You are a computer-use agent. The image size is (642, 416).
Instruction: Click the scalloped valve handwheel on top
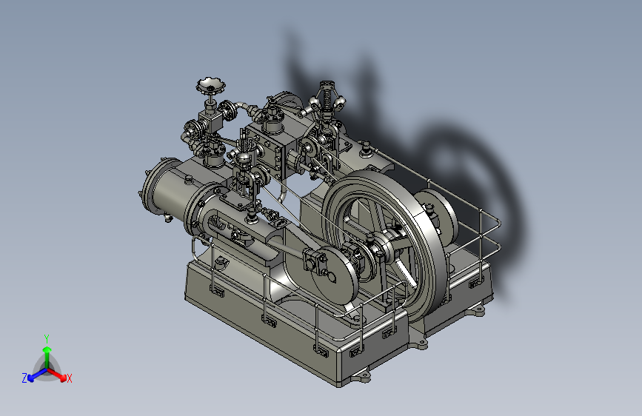(x=210, y=86)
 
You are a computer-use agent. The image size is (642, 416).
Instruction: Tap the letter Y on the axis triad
(x=47, y=339)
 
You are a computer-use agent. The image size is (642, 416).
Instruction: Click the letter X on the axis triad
(x=69, y=378)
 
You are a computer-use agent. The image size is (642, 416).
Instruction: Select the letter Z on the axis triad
(x=24, y=378)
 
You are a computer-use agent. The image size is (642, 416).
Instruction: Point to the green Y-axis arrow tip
(x=47, y=349)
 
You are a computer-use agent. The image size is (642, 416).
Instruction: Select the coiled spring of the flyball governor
(x=327, y=98)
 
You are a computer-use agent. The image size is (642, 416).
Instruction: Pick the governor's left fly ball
(x=314, y=102)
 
